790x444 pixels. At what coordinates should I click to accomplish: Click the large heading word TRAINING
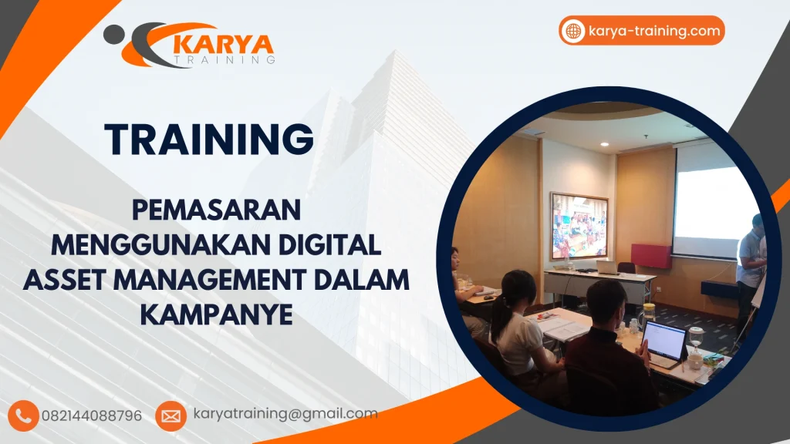(209, 140)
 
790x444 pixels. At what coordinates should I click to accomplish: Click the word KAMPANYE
(216, 315)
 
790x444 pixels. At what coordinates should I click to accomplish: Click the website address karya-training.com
(653, 32)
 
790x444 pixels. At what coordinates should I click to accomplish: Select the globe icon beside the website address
(573, 32)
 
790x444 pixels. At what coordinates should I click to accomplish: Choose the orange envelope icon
(171, 416)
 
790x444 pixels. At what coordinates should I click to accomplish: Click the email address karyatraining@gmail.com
(285, 414)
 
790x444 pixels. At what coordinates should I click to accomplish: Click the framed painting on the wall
(579, 226)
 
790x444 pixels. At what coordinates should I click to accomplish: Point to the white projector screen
(716, 201)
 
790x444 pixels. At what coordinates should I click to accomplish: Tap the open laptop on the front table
(663, 342)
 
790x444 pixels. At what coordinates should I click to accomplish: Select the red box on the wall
(650, 255)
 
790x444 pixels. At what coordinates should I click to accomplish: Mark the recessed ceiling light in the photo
(603, 144)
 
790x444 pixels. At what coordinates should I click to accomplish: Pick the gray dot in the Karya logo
(113, 33)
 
